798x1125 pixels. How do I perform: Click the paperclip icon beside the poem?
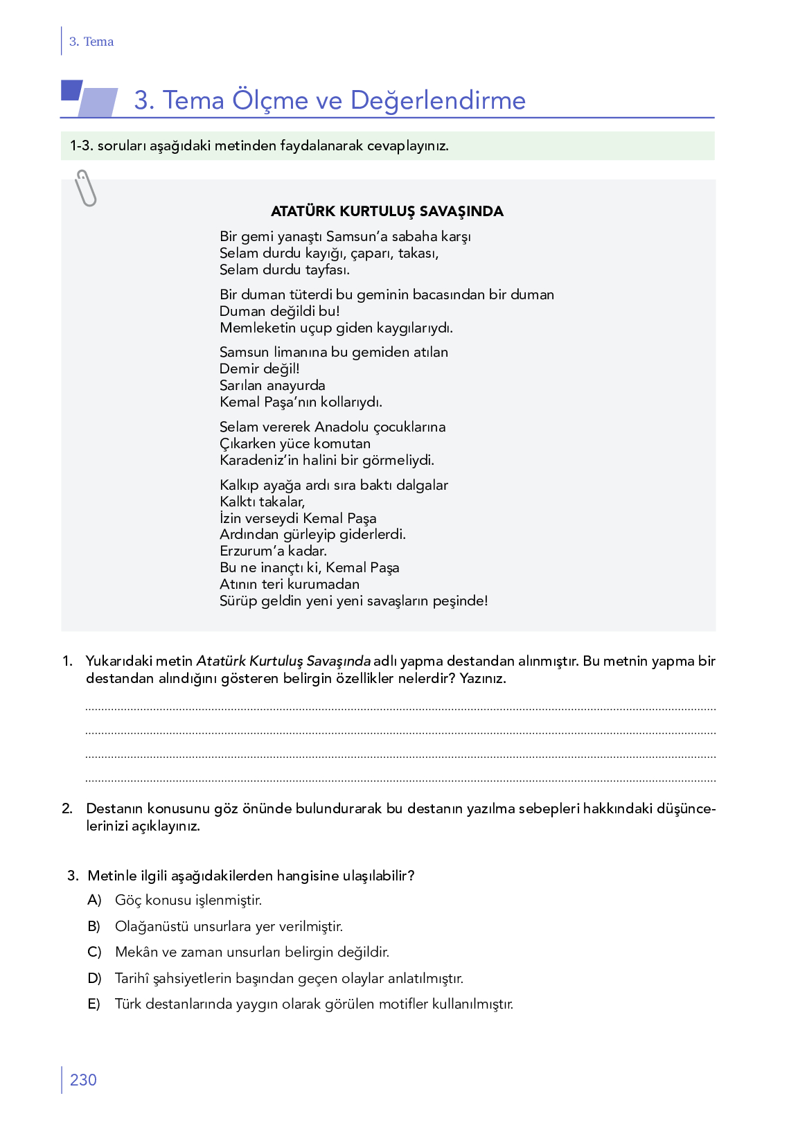point(86,188)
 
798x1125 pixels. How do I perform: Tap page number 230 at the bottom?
point(83,1080)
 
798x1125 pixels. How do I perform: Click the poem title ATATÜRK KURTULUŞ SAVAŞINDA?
point(387,211)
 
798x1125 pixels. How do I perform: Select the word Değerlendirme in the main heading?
point(438,100)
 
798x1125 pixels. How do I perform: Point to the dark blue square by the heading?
point(71,90)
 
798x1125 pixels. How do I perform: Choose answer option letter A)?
point(94,900)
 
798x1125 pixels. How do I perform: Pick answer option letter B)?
point(94,926)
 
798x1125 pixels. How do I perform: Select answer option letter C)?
point(94,952)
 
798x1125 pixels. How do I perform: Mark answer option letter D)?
point(94,978)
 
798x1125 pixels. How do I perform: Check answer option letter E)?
point(94,1004)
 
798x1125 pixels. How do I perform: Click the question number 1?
point(67,661)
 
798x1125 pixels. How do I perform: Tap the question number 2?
point(67,808)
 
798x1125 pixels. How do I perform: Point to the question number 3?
point(73,876)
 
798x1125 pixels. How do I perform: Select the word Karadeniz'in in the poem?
point(259,460)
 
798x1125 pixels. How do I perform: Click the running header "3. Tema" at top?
point(91,42)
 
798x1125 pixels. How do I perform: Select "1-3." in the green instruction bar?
point(81,146)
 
